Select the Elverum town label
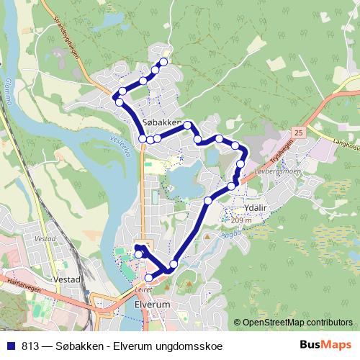pyautogui.click(x=150, y=305)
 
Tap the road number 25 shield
pyautogui.click(x=298, y=132)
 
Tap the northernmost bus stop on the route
pyautogui.click(x=163, y=62)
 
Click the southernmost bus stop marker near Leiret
pyautogui.click(x=149, y=278)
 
